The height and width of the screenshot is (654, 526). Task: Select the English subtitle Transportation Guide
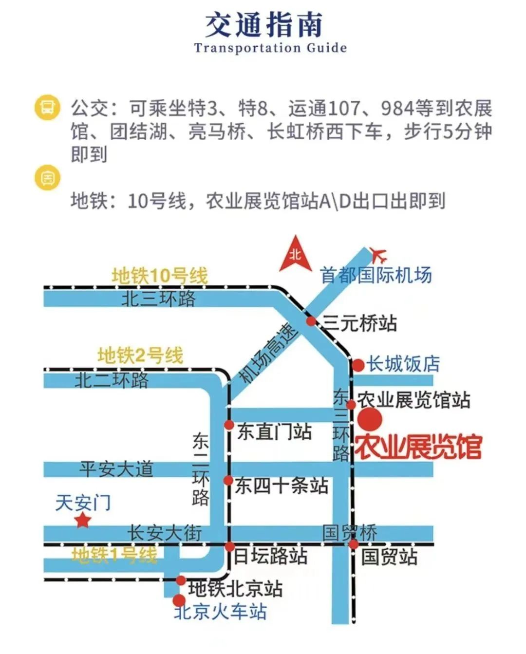coord(270,48)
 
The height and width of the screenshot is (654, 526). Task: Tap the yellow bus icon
coord(47,107)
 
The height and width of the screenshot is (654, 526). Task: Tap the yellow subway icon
coord(47,178)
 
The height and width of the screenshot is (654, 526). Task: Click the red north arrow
coord(295,255)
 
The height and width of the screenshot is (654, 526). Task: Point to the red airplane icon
coord(378,254)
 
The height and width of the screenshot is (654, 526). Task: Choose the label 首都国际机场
coord(376,276)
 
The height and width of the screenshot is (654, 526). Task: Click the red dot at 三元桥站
coord(311,321)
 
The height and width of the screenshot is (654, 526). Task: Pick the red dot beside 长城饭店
coord(358,365)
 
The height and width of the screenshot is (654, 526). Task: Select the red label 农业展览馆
coord(418,447)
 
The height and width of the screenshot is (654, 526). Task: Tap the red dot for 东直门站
coord(229,425)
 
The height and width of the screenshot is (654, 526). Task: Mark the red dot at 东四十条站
coord(228,481)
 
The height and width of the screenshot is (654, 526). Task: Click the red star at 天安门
coord(83,521)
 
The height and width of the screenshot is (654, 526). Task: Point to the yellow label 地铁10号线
coord(159,276)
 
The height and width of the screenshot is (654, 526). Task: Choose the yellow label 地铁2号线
coord(140,355)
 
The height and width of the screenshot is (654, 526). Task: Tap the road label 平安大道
coord(116,469)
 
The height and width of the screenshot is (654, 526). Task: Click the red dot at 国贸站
coord(354,544)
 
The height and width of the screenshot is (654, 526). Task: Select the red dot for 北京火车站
coord(179,600)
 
